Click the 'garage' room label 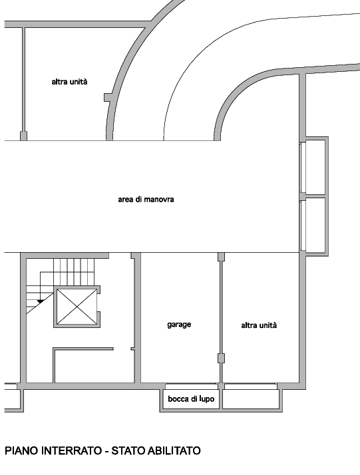point(179,325)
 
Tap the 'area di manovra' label point(146,200)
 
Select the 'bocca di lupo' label point(191,399)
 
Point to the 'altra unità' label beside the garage point(259,325)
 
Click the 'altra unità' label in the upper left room point(69,82)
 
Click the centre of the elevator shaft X point(77,307)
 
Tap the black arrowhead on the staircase point(40,302)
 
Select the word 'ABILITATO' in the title point(174,451)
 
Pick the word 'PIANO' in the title point(21,451)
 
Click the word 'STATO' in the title point(128,451)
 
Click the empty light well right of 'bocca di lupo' point(251,399)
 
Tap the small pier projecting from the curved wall point(108,97)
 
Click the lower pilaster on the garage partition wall point(221,358)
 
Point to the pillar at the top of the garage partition point(221,257)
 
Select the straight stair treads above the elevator point(74,272)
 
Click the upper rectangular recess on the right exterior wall point(315,167)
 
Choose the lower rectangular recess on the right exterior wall point(315,225)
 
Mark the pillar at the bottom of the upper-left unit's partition point(23,136)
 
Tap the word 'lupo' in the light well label point(207,399)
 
